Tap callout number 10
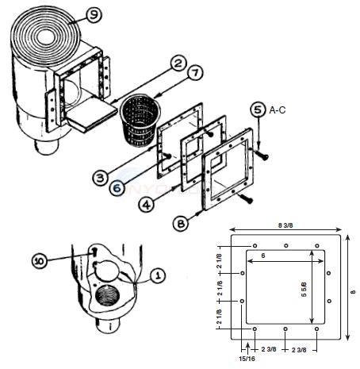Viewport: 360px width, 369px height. click(40, 260)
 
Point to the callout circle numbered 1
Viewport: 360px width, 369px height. click(157, 275)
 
